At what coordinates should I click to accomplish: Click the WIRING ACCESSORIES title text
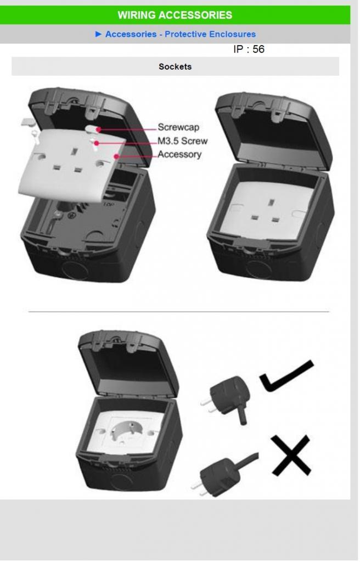coord(175,15)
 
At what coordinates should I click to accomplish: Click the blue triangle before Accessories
coord(99,34)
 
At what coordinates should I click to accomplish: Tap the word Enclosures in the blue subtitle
coord(232,34)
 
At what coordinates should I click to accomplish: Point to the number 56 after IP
coord(258,49)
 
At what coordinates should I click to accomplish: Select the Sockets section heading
coord(175,66)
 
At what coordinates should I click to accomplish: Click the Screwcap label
coord(178,127)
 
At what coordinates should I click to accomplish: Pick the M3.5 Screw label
coord(183,141)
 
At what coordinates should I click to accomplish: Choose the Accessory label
coord(179,154)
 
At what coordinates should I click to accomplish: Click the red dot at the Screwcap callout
coord(98,130)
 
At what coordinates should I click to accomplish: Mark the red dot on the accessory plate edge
coord(116,156)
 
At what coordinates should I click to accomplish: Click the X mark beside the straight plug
coord(291,455)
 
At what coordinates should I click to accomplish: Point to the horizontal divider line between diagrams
coord(178,312)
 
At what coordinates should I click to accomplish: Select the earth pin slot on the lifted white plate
coord(75,151)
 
